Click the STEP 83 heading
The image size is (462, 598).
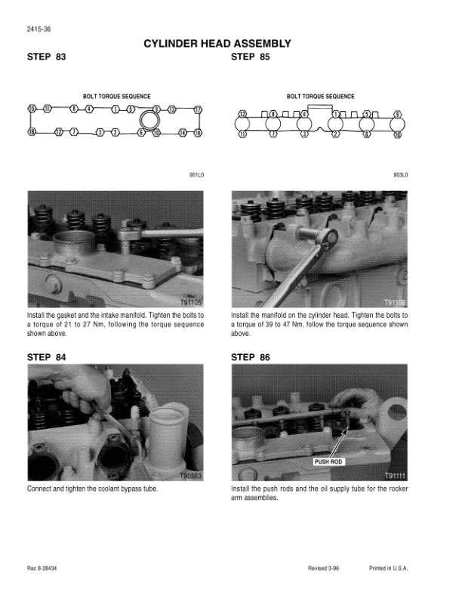46,57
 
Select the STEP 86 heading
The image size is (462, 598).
250,357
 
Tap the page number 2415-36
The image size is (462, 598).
39,29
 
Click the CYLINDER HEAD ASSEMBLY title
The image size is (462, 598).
217,44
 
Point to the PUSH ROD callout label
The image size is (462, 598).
328,462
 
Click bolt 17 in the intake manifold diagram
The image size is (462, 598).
198,109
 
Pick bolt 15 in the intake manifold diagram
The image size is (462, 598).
32,109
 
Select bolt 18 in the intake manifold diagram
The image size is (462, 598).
198,133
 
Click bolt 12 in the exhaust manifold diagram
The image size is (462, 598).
242,114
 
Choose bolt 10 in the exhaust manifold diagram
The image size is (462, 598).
398,134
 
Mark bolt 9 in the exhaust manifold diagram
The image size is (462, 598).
398,114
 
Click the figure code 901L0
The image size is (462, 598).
197,175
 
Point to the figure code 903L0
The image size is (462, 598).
401,175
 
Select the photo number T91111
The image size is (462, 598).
396,476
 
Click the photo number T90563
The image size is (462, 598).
190,476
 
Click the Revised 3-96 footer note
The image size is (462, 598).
323,569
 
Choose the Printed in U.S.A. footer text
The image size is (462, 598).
389,569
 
